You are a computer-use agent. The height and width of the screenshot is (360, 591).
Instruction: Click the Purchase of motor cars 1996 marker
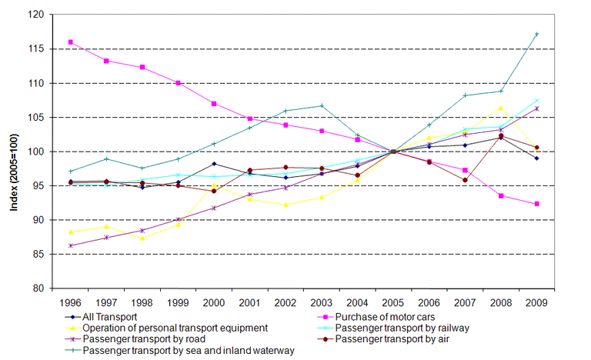tap(71, 42)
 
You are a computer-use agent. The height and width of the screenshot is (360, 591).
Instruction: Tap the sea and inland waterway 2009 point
tap(536, 34)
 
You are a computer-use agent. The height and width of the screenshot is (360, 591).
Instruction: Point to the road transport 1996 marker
tap(71, 245)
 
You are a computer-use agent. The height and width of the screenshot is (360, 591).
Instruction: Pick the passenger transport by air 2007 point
tap(465, 180)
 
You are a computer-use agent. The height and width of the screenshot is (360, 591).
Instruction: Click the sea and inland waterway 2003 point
tap(322, 105)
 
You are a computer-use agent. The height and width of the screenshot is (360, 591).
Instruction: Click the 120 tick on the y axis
tap(35, 15)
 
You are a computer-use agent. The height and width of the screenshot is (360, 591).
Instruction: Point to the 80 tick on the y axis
tap(38, 288)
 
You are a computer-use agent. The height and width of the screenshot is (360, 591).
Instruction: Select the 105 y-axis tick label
tap(35, 117)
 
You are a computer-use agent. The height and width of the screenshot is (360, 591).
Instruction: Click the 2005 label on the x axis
tap(393, 302)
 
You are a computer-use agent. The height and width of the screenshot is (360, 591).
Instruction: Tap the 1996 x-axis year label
tap(71, 302)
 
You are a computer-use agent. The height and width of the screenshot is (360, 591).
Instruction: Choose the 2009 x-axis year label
tap(536, 302)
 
